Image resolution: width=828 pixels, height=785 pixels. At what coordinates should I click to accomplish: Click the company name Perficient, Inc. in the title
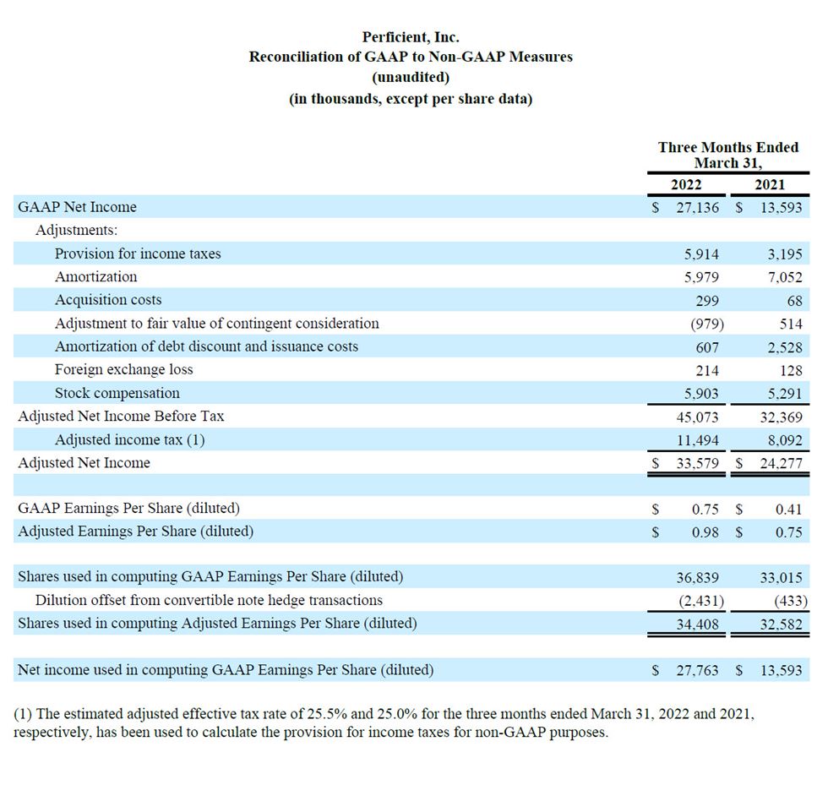411,37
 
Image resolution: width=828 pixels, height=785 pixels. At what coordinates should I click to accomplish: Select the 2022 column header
686,184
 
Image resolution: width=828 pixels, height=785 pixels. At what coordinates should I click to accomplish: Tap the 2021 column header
770,184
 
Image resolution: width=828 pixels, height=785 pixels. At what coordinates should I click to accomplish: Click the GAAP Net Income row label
77,206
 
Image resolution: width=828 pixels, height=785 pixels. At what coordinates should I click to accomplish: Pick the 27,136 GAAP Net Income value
697,207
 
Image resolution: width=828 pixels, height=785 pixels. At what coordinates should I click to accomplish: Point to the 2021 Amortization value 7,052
785,277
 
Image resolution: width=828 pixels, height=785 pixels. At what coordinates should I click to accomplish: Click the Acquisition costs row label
108,299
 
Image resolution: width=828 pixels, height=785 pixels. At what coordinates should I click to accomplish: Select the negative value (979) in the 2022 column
707,324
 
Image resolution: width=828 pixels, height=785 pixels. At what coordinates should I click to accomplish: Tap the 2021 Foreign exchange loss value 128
791,370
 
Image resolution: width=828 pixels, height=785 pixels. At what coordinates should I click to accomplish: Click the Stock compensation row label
117,393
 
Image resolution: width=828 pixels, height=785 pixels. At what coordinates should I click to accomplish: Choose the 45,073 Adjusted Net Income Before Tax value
697,417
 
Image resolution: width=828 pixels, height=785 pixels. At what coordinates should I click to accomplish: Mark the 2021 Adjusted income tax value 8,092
785,440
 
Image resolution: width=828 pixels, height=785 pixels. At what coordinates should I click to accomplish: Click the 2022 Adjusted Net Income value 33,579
697,463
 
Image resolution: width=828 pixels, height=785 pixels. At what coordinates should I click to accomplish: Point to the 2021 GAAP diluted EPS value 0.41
788,510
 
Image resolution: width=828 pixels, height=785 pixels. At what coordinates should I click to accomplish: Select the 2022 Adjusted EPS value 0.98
705,532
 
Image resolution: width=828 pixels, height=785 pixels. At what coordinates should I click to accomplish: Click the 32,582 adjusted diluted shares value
781,624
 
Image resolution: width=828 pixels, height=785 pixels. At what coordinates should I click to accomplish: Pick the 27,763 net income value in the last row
697,670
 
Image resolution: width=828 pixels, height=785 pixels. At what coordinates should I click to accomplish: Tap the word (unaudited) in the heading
411,77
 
